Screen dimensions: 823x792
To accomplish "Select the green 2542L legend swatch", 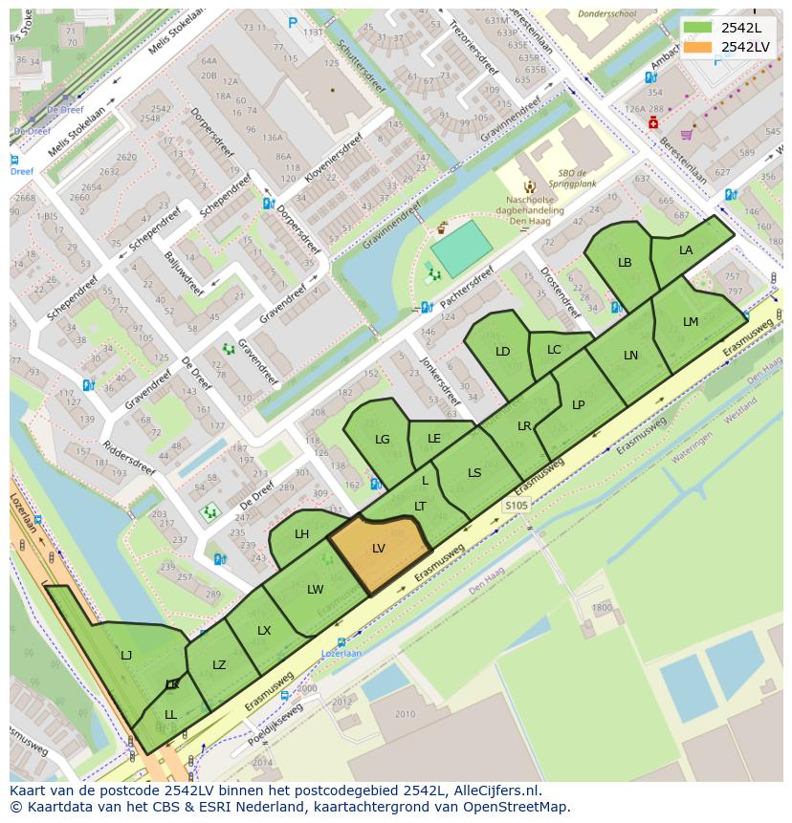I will tap(698, 28).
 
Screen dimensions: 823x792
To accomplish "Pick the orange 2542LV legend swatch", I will tap(698, 47).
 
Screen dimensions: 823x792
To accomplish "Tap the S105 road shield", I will tap(517, 505).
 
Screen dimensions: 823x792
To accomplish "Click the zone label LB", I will tap(625, 263).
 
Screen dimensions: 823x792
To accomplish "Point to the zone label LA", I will tap(686, 250).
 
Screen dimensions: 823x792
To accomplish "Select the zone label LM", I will tap(691, 322).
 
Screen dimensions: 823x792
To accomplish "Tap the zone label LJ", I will tap(126, 656).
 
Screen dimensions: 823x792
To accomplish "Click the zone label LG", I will tap(383, 440).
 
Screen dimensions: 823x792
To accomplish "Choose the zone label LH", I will tap(301, 534).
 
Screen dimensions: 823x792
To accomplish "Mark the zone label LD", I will tap(502, 352).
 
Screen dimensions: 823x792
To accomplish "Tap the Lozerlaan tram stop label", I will tap(341, 654).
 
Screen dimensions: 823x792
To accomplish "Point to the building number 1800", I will tap(601, 608).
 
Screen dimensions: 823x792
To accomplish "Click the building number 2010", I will tap(405, 714).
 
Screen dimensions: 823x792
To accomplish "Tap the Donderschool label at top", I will tap(608, 15).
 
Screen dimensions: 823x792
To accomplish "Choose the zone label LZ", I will tap(219, 665).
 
